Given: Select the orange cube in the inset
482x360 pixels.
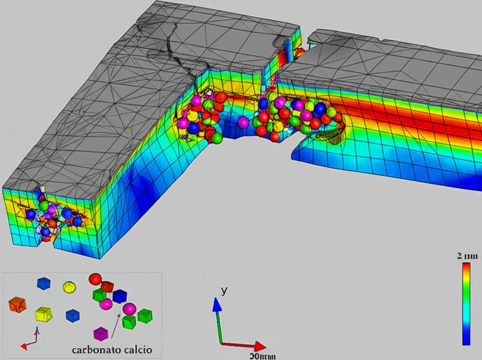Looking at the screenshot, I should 17,304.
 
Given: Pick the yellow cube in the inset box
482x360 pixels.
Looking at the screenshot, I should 43,314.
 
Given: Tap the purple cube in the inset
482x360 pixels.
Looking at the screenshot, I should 101,334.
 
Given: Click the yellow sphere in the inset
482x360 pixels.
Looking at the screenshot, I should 69,286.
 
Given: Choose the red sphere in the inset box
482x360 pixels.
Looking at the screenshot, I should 95,279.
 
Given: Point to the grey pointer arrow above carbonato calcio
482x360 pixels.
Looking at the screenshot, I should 115,325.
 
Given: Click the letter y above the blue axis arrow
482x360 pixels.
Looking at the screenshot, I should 224,291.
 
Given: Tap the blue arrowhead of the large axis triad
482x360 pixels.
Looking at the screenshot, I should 217,304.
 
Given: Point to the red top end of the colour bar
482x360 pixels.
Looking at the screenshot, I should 466,266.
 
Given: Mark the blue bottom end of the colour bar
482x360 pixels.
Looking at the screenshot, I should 466,341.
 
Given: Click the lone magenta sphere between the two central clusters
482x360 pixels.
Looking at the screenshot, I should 243,122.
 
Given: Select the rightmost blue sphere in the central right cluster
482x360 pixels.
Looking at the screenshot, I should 320,109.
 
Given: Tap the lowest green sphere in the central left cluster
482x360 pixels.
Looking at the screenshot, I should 217,138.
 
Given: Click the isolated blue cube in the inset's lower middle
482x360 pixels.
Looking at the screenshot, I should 72,315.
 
